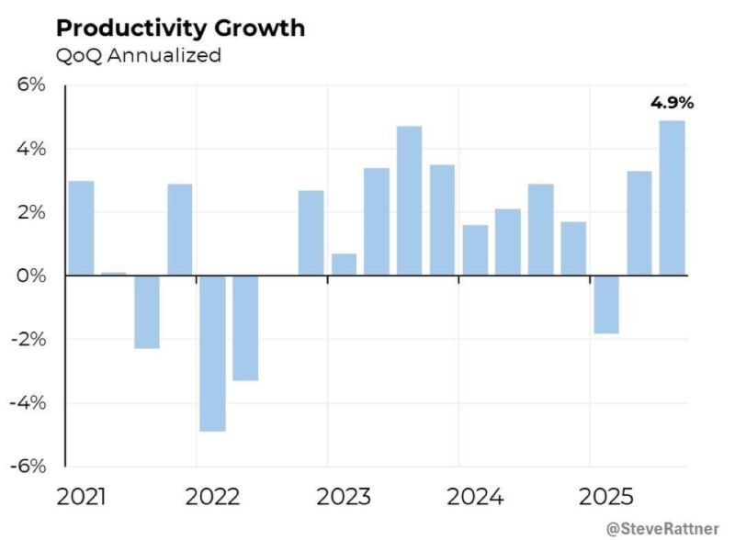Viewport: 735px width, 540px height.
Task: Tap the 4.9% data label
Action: coord(672,102)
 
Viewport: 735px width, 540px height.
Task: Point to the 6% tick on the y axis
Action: coord(31,85)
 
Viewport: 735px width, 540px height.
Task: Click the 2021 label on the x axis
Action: coord(81,498)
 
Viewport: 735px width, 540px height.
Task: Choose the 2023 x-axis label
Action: coord(344,498)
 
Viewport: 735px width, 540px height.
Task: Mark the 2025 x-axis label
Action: coord(605,498)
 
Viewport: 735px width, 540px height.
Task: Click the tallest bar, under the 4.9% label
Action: coord(672,197)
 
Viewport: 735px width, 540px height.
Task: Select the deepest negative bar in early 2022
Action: coord(212,353)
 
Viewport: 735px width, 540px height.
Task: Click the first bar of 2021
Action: coord(81,228)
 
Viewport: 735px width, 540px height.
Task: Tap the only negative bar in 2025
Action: coord(605,304)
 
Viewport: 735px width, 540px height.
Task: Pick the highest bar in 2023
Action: coord(409,200)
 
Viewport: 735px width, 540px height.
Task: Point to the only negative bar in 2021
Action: coord(147,311)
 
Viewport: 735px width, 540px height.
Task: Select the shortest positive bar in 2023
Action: coord(344,264)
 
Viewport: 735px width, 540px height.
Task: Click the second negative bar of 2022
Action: coord(245,328)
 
